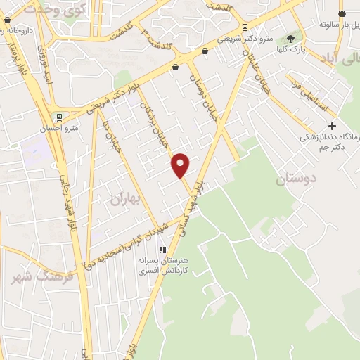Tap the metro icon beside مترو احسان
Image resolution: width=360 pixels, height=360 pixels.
(59, 117)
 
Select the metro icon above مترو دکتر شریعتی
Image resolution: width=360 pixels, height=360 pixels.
(244, 28)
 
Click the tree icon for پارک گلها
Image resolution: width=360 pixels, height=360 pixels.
(290, 39)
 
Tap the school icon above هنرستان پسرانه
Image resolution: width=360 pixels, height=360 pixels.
(162, 250)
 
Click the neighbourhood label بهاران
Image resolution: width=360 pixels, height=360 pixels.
(125, 199)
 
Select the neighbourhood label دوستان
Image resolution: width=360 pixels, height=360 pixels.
(295, 179)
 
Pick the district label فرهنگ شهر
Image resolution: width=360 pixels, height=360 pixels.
(32, 276)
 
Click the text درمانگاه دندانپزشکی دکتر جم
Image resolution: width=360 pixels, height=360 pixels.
(329, 141)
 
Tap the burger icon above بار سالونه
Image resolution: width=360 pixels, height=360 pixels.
(342, 13)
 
